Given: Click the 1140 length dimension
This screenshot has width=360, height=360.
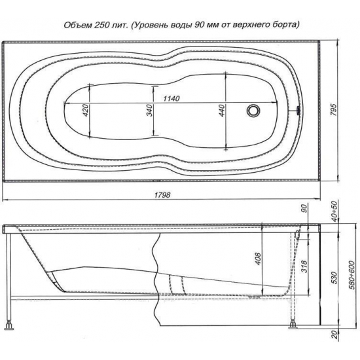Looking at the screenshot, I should click(x=170, y=98).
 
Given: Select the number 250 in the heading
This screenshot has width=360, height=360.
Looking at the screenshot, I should click(x=105, y=26).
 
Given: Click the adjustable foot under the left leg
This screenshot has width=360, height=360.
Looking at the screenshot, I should click(x=9, y=324).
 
